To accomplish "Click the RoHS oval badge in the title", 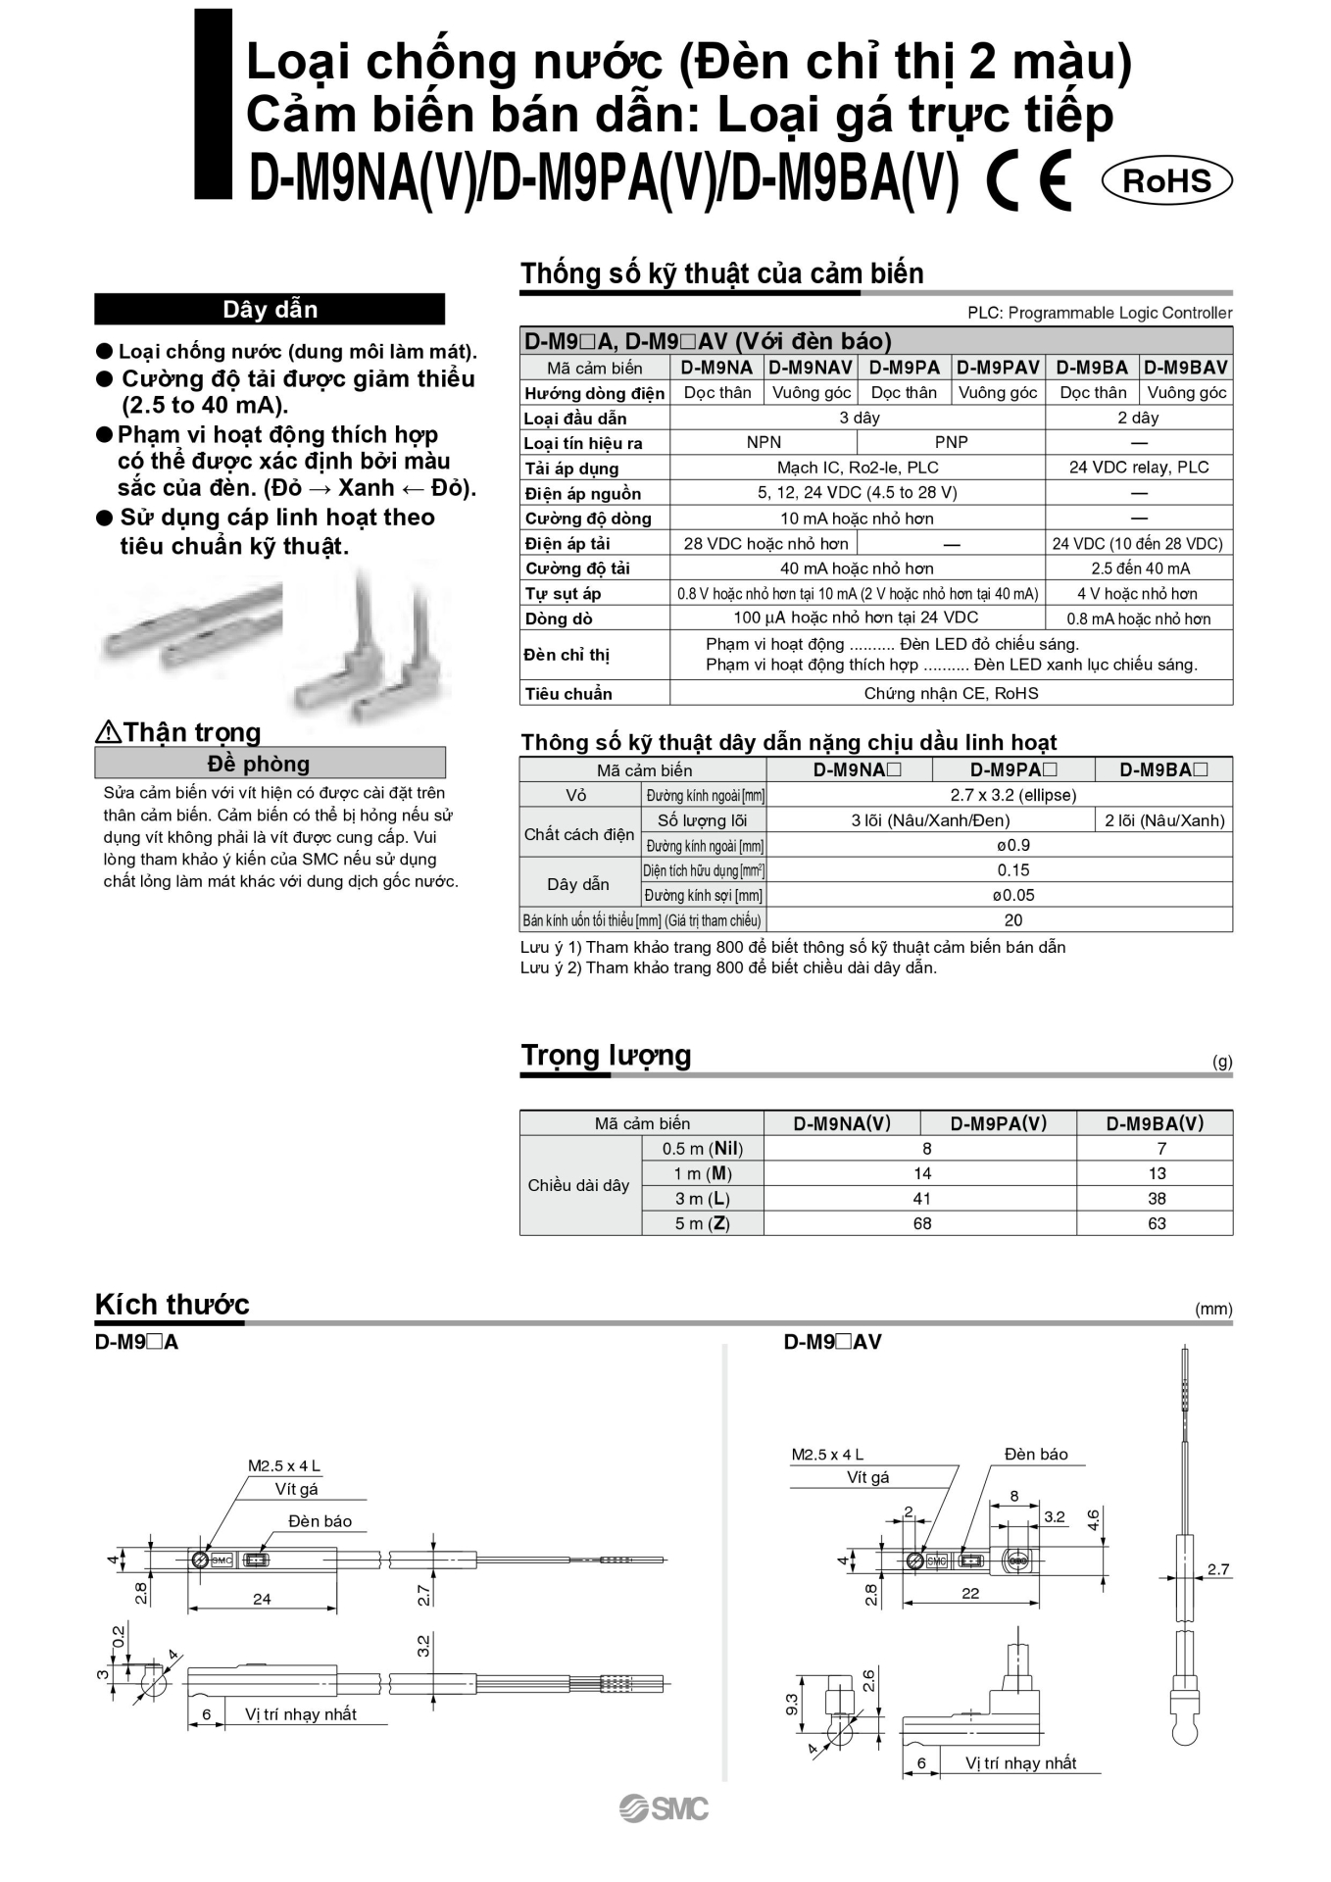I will [1166, 181].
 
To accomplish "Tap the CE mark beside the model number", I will [1029, 181].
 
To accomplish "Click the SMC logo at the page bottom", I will [664, 1808].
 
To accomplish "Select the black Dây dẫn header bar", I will [270, 310].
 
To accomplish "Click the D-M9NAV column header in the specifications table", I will [810, 368].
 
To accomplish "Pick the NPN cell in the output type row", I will [764, 442].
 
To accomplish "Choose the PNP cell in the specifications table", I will [951, 442].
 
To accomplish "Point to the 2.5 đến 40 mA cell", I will [1140, 569].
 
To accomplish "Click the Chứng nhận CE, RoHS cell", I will [951, 693].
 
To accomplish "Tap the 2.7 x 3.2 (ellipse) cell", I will [1012, 795].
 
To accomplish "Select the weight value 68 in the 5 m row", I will [922, 1223].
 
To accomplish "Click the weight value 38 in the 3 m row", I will [1157, 1198].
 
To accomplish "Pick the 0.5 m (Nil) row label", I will [703, 1149].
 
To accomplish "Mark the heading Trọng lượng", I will [606, 1056].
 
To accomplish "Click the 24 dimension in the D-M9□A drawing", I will [262, 1599].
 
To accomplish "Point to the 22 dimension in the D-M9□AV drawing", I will [970, 1593].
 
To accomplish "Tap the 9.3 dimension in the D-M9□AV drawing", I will [792, 1704].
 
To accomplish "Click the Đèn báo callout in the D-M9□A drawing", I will [320, 1521].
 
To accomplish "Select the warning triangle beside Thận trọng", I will [108, 731].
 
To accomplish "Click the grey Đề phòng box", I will [270, 764].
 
